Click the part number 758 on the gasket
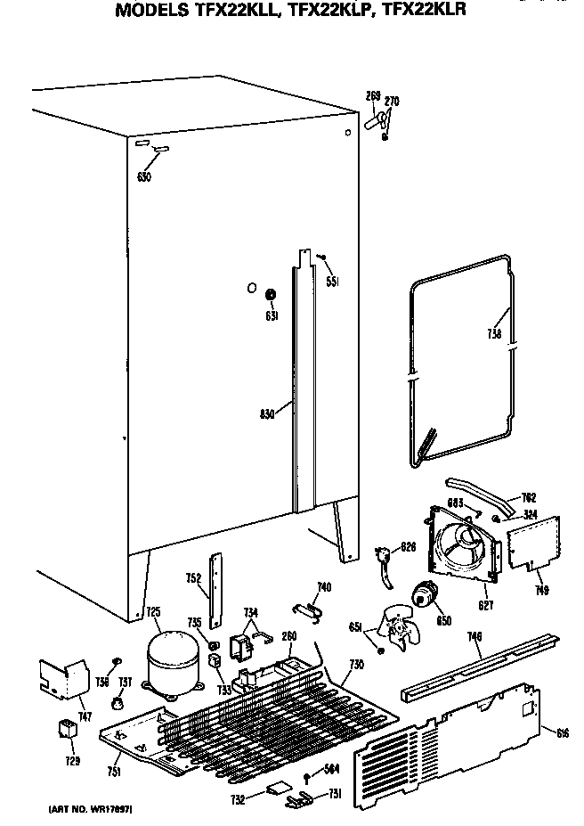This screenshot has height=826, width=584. (495, 334)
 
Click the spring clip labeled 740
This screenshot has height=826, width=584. (308, 609)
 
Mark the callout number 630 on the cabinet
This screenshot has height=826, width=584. (144, 176)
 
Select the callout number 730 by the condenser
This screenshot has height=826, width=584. (356, 666)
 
